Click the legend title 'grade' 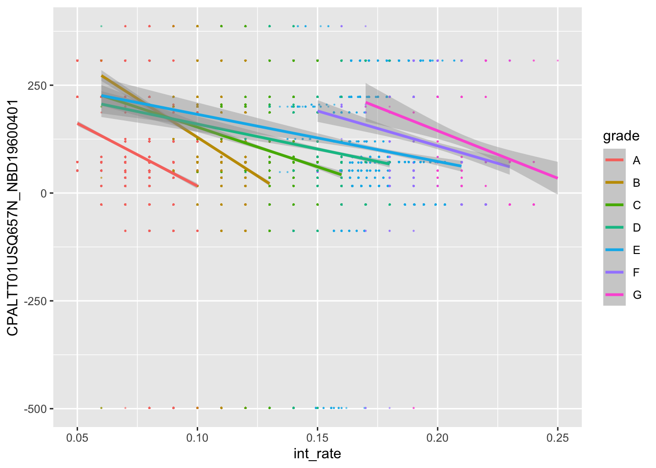tap(621, 136)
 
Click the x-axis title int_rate tap(317, 454)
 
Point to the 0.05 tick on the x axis tap(77, 437)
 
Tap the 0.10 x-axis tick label tap(197, 437)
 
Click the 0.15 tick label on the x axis tap(317, 437)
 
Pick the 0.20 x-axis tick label tap(437, 437)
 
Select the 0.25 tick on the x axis tap(557, 437)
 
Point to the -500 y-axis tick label tap(35, 409)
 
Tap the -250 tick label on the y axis tap(35, 301)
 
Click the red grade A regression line tap(137, 155)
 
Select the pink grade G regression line tap(461, 140)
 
